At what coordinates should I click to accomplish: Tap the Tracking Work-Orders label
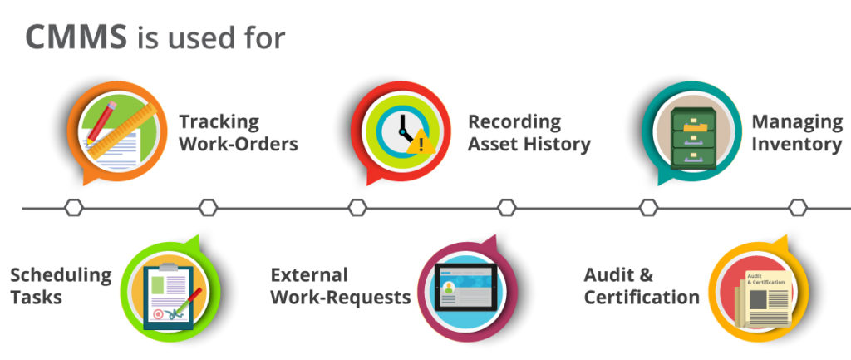click(x=238, y=132)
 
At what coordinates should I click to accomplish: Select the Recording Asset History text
click(x=529, y=132)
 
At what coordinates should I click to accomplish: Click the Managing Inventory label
click(x=796, y=132)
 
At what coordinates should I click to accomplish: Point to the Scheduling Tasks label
click(x=60, y=285)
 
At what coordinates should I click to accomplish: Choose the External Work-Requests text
click(x=340, y=285)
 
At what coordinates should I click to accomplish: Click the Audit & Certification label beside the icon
click(x=641, y=285)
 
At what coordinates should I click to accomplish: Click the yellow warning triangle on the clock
click(x=420, y=142)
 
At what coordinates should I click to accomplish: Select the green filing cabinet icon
click(x=693, y=134)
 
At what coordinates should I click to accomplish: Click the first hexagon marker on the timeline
click(x=74, y=208)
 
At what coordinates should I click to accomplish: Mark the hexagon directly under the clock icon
click(x=357, y=208)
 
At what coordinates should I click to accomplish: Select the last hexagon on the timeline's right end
click(x=798, y=208)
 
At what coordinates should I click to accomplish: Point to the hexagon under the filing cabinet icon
click(x=648, y=208)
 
